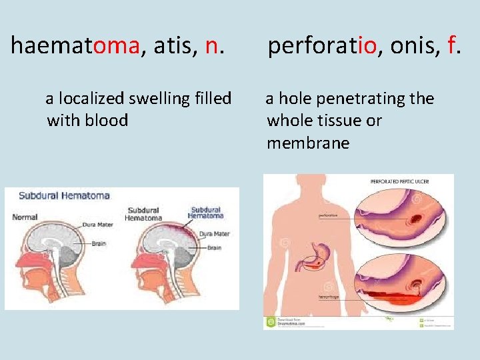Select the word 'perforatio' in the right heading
coord(323,45)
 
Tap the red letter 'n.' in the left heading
coord(214,45)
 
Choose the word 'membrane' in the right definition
coord(307,143)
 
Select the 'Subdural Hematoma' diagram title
coord(64,196)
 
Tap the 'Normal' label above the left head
coord(25,217)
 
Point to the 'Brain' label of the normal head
coord(98,243)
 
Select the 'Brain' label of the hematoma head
coord(214,247)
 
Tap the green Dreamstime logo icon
coord(270,322)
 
